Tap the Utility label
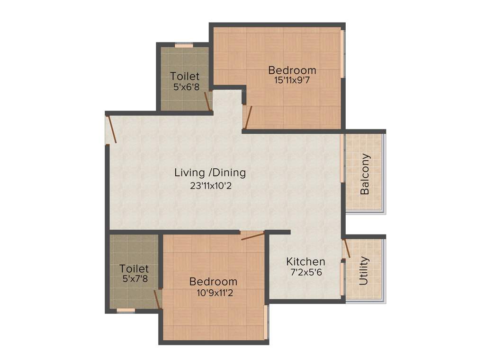[x=364, y=271]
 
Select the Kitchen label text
[x=305, y=261]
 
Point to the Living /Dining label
[x=210, y=173]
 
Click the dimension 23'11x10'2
[x=210, y=186]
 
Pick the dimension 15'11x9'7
[x=292, y=80]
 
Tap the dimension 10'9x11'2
[x=213, y=293]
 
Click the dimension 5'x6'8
[x=185, y=86]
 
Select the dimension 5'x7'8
[x=135, y=279]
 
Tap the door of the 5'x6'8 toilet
[x=207, y=101]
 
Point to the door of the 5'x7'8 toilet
[x=157, y=299]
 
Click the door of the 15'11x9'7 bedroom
[x=248, y=117]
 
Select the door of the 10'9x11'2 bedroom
[x=252, y=235]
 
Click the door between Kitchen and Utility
[x=346, y=248]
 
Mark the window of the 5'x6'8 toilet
[x=184, y=46]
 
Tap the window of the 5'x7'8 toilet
[x=126, y=311]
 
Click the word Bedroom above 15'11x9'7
[x=292, y=70]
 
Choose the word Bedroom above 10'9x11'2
[x=213, y=282]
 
